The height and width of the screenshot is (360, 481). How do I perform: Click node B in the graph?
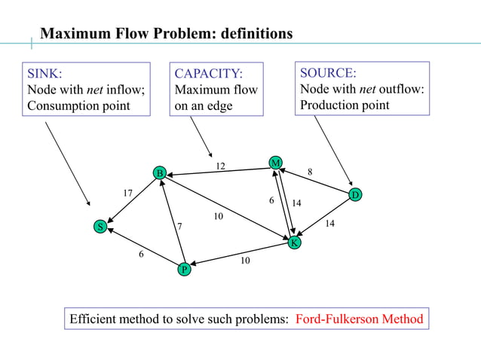159,174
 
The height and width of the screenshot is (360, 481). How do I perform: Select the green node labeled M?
276,163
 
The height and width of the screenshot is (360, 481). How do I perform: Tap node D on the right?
356,196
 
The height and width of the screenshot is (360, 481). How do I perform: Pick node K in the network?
294,243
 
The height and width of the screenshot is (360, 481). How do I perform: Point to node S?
99,227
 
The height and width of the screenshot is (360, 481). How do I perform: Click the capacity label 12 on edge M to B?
220,166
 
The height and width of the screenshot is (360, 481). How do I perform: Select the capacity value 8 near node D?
310,172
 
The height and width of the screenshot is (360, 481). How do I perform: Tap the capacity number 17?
128,194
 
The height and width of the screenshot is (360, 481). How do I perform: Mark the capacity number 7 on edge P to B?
179,226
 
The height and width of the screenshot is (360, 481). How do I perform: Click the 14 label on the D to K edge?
329,224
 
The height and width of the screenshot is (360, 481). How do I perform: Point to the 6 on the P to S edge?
141,255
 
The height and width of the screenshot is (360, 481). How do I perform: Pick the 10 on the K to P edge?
245,261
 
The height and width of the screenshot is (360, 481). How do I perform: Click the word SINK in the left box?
44,74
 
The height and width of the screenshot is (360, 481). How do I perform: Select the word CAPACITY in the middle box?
209,74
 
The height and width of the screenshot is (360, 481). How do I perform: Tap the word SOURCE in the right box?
328,73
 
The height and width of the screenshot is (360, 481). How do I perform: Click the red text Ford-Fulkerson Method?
359,319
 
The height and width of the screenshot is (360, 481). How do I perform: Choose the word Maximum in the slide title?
75,34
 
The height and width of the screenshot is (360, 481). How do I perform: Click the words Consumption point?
78,105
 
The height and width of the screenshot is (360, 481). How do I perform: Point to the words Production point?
345,105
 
